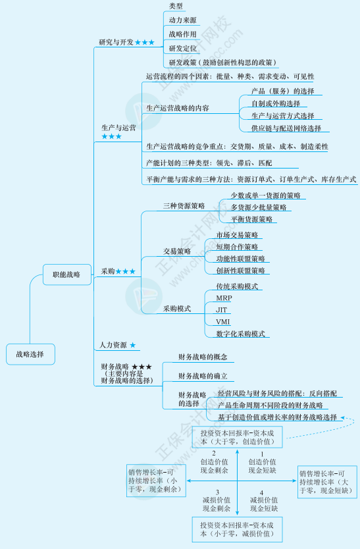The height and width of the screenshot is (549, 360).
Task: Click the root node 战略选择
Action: (x=30, y=354)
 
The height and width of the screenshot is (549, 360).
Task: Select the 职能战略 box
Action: (x=66, y=275)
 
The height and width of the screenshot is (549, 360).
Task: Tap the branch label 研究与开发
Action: (x=116, y=42)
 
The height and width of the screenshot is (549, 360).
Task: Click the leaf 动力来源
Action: (x=182, y=20)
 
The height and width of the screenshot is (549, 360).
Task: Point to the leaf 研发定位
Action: (x=182, y=48)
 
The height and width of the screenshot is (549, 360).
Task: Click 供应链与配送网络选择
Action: (x=286, y=128)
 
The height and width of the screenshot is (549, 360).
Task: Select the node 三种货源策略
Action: (x=184, y=206)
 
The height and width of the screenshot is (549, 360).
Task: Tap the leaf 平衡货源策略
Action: (x=252, y=219)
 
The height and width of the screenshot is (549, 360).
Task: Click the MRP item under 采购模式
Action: (x=224, y=298)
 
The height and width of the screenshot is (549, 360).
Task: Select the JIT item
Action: (x=222, y=309)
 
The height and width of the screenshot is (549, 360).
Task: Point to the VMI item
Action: (x=222, y=321)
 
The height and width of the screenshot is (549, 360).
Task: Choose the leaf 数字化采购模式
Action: (x=240, y=334)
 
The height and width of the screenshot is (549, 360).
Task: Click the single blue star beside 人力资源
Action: (x=133, y=345)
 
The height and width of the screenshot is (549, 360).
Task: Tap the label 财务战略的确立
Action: (x=203, y=376)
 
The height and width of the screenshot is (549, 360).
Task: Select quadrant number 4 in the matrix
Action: (x=261, y=492)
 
